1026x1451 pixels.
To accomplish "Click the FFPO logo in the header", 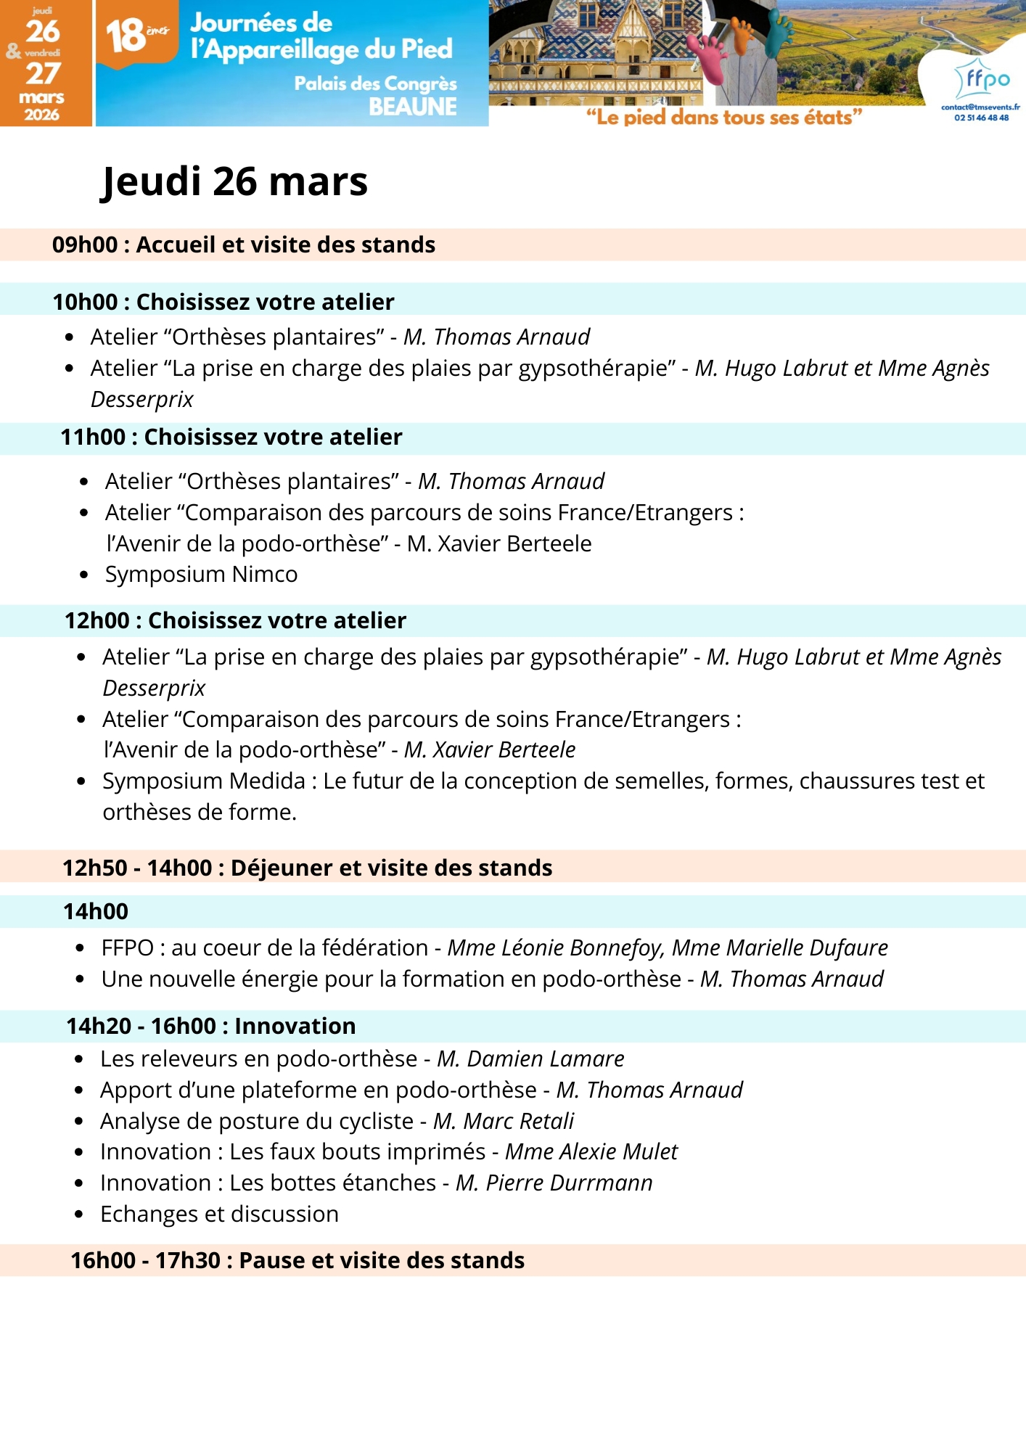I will click(x=983, y=78).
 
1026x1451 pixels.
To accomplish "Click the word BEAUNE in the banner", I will click(x=412, y=107).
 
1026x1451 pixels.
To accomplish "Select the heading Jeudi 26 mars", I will click(x=234, y=181).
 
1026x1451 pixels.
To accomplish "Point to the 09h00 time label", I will click(x=84, y=245).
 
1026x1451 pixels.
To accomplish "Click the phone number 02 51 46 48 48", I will click(x=981, y=118).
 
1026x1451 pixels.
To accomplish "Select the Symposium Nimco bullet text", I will click(x=201, y=575).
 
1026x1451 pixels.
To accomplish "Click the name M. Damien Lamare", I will click(x=530, y=1059).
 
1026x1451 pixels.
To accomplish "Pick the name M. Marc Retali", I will click(x=504, y=1122).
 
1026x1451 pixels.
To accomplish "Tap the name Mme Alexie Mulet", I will click(x=591, y=1152).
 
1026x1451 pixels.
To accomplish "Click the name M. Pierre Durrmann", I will click(x=554, y=1183).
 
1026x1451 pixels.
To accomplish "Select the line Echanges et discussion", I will click(x=219, y=1214).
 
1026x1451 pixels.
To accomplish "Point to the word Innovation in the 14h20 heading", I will click(x=295, y=1027).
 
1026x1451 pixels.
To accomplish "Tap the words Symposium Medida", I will click(x=204, y=781).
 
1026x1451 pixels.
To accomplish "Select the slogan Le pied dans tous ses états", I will click(x=724, y=118).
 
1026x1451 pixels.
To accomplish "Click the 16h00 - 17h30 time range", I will click(x=145, y=1261).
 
